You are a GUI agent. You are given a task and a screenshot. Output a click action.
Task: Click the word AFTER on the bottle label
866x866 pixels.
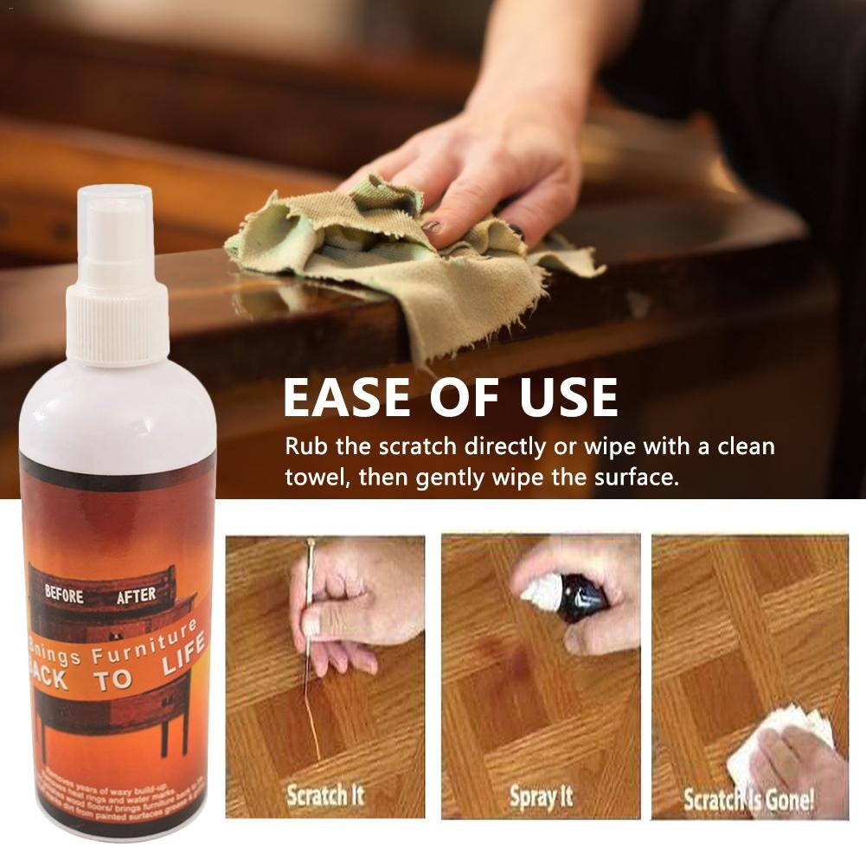pos(136,595)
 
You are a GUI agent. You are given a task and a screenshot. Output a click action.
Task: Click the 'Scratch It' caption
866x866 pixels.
pos(325,795)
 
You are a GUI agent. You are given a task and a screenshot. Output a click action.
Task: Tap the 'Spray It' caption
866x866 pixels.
pos(541,796)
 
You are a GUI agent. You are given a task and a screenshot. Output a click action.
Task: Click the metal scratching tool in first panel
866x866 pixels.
pos(309,606)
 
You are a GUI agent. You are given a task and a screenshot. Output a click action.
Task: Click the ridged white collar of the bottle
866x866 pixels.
pos(118,321)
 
